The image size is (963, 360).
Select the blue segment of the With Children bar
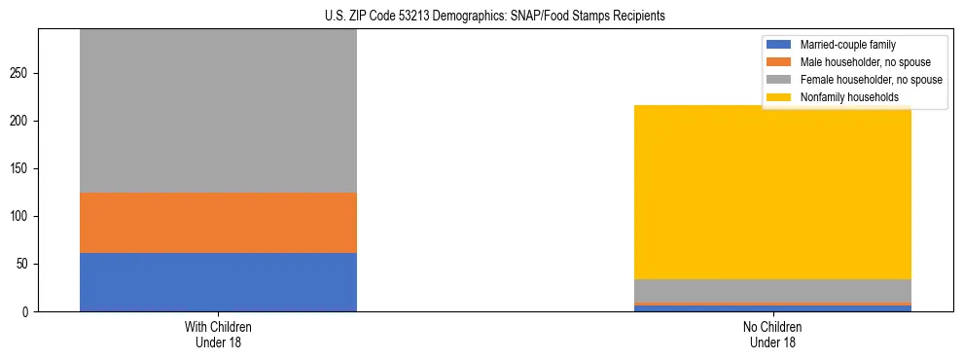point(218,282)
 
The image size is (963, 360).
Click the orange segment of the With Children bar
point(218,223)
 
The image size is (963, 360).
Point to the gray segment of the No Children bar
point(772,291)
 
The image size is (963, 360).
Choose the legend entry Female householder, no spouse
point(871,80)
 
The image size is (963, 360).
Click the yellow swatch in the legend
point(779,97)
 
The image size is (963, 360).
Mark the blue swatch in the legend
point(779,45)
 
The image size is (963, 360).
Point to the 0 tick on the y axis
point(26,312)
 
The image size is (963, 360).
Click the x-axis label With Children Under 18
point(218,334)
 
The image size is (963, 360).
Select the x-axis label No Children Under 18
point(772,334)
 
